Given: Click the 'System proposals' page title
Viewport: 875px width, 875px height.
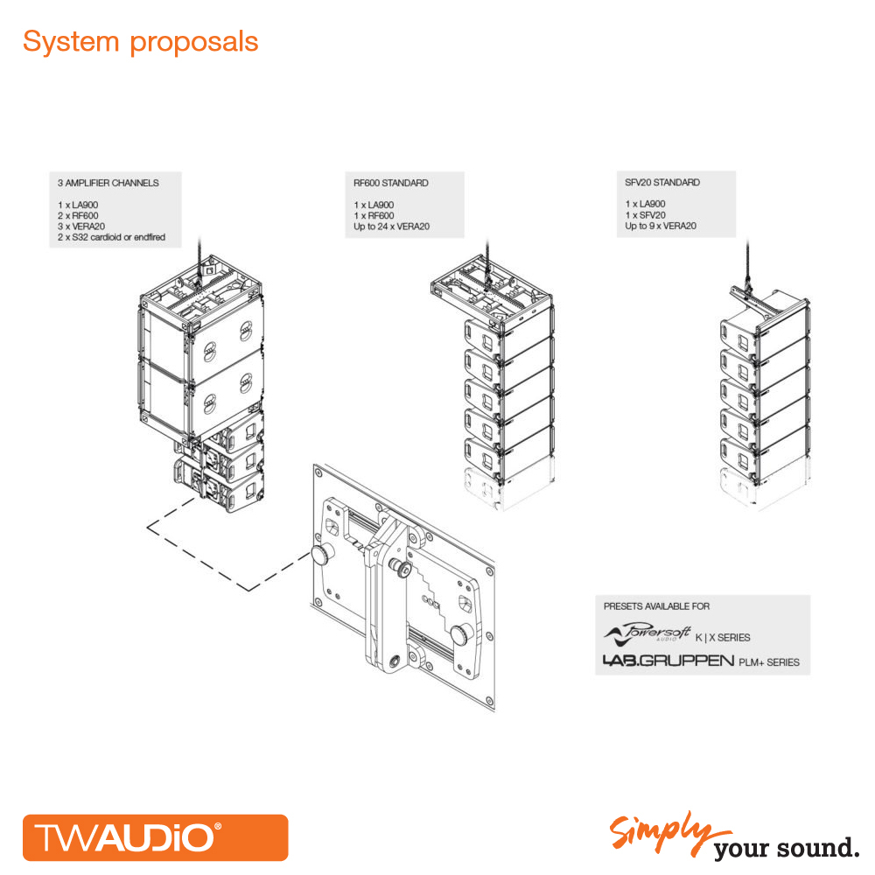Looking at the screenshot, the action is click(140, 42).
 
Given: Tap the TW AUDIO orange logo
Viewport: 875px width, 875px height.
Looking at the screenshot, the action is click(155, 837).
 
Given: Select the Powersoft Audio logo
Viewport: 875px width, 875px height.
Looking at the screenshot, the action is click(647, 633).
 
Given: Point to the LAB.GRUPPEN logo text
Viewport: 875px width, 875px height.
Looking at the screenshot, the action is click(668, 661).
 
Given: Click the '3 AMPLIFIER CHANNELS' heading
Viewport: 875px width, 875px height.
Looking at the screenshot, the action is click(108, 183).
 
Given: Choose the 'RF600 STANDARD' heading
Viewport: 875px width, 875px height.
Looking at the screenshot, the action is click(390, 183).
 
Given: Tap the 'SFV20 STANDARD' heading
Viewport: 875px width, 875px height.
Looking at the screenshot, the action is click(662, 183).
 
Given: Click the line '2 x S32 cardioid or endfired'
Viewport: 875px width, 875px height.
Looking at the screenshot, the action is click(112, 237).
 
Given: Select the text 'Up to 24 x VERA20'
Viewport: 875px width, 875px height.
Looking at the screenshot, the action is click(392, 227).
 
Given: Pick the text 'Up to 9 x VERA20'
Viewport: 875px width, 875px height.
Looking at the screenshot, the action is click(661, 226).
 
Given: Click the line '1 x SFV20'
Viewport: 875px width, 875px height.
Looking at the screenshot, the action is click(645, 215).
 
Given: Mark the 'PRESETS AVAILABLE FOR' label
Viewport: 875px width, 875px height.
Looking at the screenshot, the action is click(657, 606).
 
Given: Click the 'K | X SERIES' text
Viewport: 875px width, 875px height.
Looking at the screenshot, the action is click(723, 638).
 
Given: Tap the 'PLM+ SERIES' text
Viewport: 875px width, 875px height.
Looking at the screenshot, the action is click(769, 662).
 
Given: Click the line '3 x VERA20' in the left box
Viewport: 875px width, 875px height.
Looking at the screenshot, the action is click(81, 227).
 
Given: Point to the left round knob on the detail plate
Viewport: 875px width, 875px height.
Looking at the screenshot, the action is click(321, 555).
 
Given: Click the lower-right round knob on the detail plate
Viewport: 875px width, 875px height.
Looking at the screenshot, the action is click(463, 634).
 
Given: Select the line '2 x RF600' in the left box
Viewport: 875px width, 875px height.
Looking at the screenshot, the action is click(78, 216).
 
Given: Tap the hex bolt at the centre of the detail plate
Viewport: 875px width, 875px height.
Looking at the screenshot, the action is click(403, 568).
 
